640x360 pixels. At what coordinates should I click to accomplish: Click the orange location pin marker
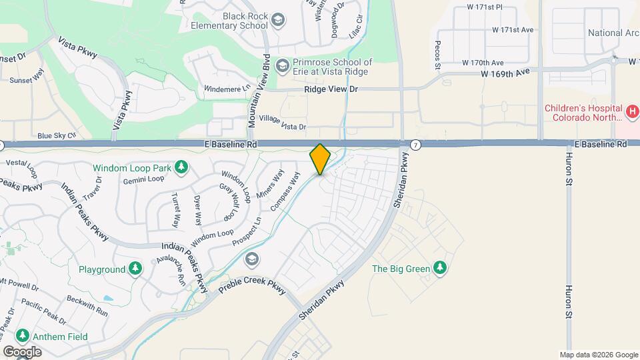[x=320, y=159]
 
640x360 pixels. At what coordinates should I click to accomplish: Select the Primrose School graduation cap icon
[x=283, y=65]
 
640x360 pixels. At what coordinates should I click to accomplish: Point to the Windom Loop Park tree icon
[x=181, y=167]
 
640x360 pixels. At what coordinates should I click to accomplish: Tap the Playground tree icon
[x=135, y=269]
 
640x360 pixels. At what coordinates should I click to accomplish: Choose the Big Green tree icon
[x=439, y=268]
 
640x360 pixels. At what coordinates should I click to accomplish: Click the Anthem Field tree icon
[x=23, y=335]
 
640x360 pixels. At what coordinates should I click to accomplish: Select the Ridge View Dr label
[x=331, y=89]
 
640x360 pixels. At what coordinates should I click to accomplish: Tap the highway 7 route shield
[x=415, y=144]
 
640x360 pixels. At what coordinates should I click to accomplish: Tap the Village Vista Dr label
[x=282, y=123]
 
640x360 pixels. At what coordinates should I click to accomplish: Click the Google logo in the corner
[x=23, y=351]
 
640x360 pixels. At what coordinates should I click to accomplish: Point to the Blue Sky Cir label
[x=57, y=135]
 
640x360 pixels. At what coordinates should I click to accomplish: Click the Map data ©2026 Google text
[x=598, y=355]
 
